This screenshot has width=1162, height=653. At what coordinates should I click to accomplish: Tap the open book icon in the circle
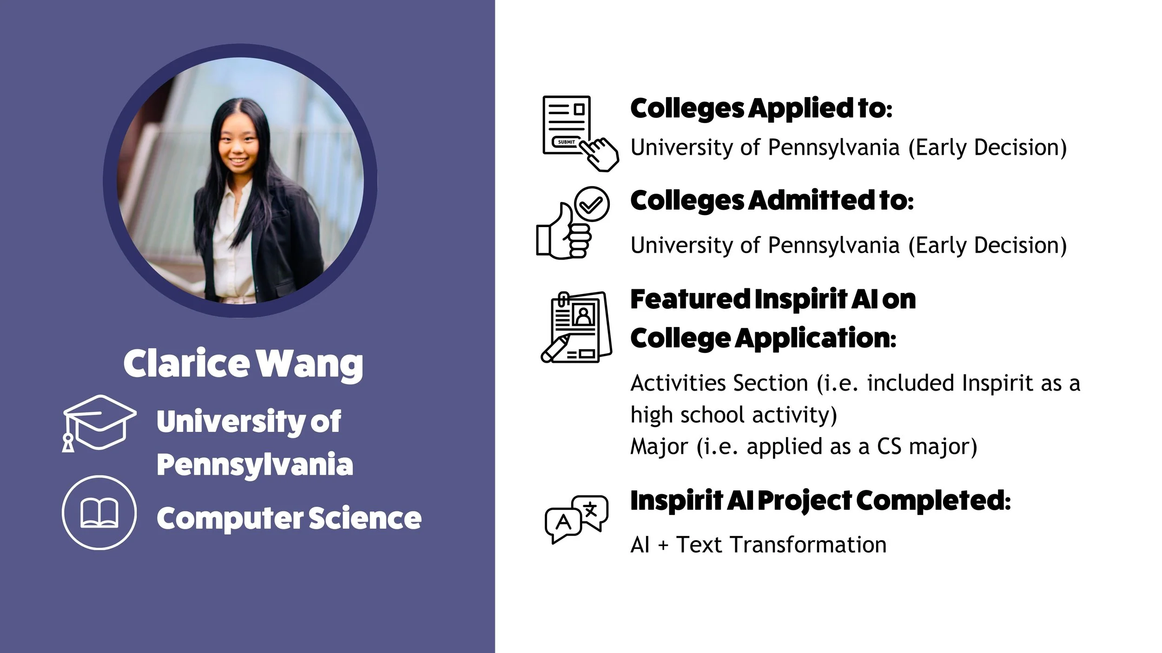click(x=99, y=512)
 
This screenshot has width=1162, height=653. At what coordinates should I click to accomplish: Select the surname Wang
click(x=310, y=365)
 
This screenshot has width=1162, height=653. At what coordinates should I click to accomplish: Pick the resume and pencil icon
click(x=576, y=327)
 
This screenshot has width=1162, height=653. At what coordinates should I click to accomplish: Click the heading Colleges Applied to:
click(x=761, y=108)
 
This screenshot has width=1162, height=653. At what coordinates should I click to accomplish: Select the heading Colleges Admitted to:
click(x=772, y=201)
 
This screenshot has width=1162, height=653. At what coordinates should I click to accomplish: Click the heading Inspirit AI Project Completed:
click(x=820, y=501)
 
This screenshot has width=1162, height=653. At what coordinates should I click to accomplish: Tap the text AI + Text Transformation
click(x=758, y=545)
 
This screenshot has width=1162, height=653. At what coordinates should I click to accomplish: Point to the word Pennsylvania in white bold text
click(x=255, y=464)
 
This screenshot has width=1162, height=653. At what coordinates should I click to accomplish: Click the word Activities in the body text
click(x=673, y=383)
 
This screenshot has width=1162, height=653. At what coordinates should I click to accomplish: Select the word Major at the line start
click(x=659, y=447)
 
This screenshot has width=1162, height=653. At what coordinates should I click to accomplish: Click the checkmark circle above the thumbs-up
click(x=592, y=204)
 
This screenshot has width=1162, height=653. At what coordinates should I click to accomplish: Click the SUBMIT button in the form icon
click(x=566, y=142)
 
